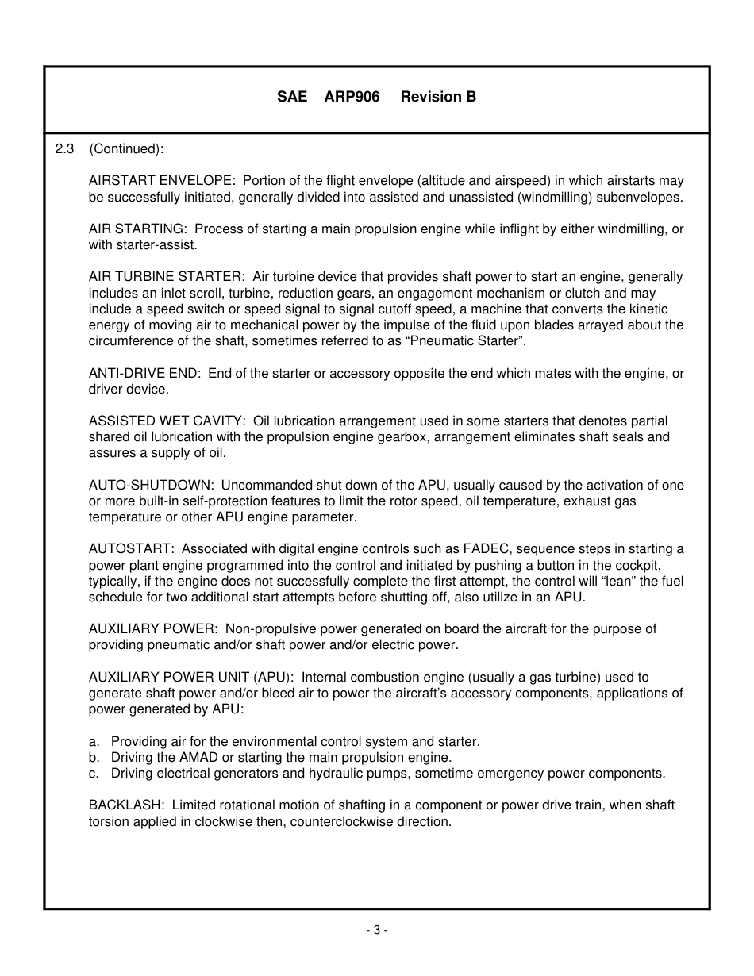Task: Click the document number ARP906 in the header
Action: pyautogui.click(x=352, y=97)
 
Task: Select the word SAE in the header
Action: pyautogui.click(x=291, y=97)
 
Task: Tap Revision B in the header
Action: pyautogui.click(x=438, y=97)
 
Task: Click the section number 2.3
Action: pyautogui.click(x=64, y=149)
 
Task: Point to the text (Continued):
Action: pyautogui.click(x=126, y=149)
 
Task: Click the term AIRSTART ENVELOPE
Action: pyautogui.click(x=161, y=181)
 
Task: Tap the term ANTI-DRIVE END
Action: pyautogui.click(x=144, y=373)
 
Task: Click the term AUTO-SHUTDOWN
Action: pyautogui.click(x=151, y=485)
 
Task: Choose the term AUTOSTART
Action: pyautogui.click(x=131, y=549)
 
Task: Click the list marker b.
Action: pyautogui.click(x=94, y=757)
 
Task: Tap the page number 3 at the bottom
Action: pyautogui.click(x=376, y=930)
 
